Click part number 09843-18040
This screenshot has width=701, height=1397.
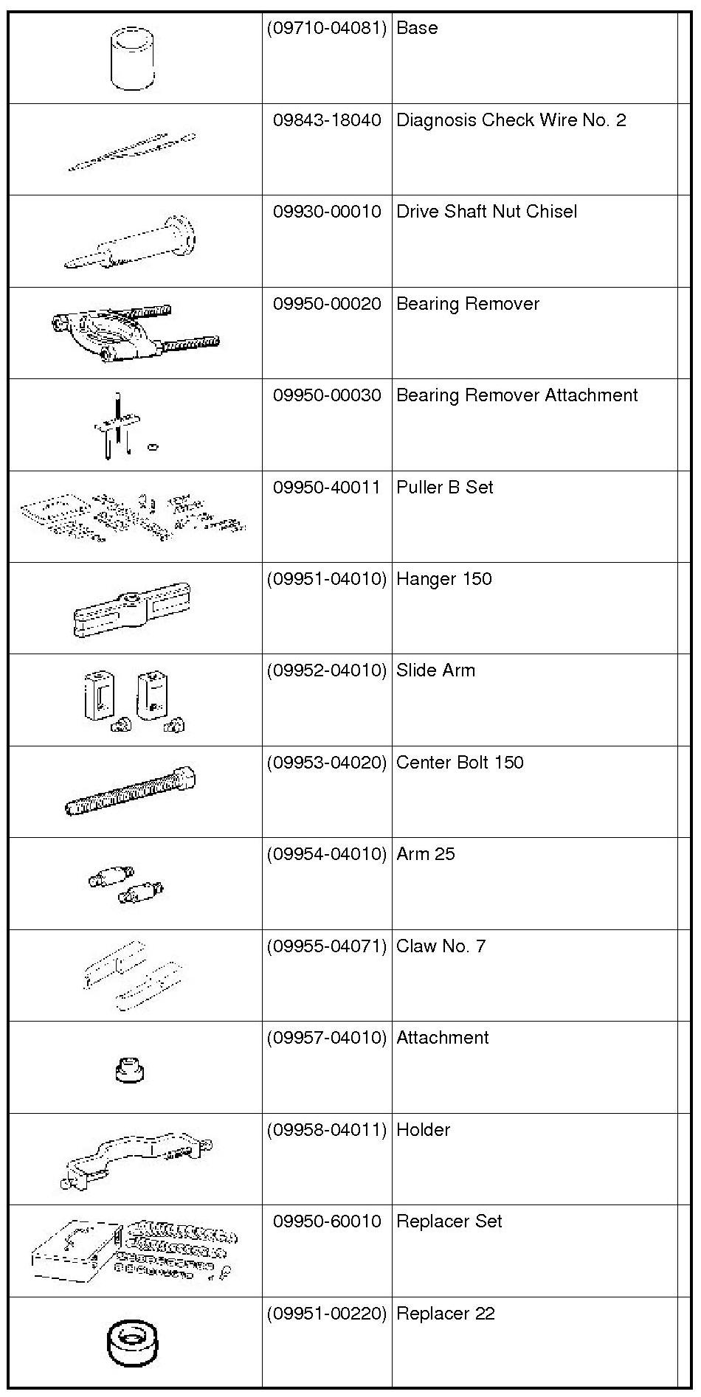click(x=327, y=120)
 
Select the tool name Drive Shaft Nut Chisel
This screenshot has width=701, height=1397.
click(x=486, y=212)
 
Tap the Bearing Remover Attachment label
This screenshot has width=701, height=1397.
click(x=517, y=395)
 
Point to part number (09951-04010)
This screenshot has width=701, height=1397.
click(x=327, y=579)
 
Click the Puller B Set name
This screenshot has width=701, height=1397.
click(x=444, y=488)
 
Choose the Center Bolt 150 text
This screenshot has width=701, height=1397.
click(x=460, y=763)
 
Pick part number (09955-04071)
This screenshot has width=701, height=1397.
click(x=327, y=946)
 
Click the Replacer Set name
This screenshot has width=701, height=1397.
click(x=449, y=1221)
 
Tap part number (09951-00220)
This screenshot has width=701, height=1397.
click(x=327, y=1314)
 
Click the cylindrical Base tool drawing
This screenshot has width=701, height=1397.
click(x=133, y=59)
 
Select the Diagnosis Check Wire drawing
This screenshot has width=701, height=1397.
click(x=133, y=153)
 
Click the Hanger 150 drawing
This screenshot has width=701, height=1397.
click(x=133, y=609)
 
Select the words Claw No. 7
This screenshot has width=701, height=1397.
click(x=441, y=946)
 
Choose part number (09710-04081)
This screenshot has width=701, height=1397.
click(x=327, y=28)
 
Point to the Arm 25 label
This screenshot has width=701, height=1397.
click(x=425, y=854)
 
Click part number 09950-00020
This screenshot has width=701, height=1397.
click(x=327, y=304)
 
